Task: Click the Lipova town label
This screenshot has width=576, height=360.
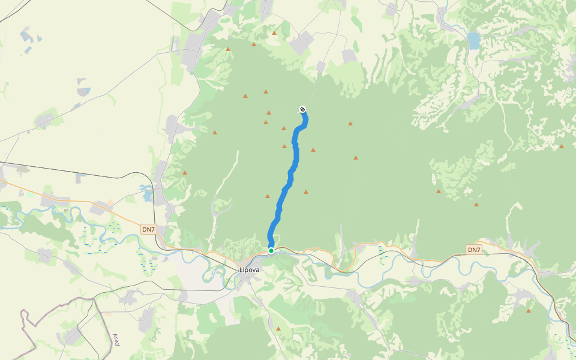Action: [250, 269]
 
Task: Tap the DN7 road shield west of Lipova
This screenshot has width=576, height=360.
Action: [148, 229]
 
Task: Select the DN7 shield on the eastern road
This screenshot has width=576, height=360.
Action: [474, 250]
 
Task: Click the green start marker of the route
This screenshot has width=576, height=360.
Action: [271, 250]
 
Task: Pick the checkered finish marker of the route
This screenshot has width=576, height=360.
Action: [302, 109]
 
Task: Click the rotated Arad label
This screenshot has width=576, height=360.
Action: [116, 340]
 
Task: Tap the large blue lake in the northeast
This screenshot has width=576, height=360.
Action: [474, 41]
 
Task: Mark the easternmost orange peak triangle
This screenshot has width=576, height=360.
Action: [562, 146]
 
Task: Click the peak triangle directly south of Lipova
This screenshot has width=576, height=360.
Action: [278, 328]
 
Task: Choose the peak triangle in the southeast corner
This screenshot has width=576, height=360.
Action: [529, 310]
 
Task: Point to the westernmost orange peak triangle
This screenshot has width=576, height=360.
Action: [185, 173]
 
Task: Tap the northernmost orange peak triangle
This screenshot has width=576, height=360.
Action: [274, 33]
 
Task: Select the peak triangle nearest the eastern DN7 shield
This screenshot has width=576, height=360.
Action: [476, 205]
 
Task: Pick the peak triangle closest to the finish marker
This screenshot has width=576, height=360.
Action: [284, 128]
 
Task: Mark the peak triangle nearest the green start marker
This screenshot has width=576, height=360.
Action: [268, 196]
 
